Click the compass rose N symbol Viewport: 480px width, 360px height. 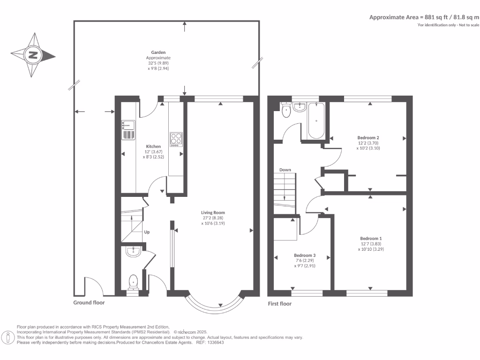click(x=33, y=55)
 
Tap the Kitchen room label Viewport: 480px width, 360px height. click(x=153, y=146)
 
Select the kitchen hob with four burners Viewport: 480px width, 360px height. click(x=176, y=140)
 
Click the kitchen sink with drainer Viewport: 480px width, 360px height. click(x=128, y=130)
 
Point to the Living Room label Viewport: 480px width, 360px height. click(x=213, y=212)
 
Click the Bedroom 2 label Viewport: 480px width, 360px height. click(x=368, y=138)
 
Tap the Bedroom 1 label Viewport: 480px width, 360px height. click(x=371, y=239)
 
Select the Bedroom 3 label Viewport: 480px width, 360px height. click(x=305, y=255)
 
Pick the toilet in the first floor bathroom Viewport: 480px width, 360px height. click(x=286, y=110)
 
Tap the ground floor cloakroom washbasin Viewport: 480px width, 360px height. click(x=133, y=252)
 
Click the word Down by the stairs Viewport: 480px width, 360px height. click(x=285, y=170)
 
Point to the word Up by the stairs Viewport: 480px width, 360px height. click(x=147, y=232)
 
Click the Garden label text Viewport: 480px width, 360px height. click(x=158, y=52)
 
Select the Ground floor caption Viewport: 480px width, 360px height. click(x=89, y=302)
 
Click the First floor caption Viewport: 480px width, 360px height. click(x=280, y=304)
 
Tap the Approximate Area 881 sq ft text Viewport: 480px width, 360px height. click(x=424, y=17)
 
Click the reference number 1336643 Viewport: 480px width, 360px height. click(x=215, y=343)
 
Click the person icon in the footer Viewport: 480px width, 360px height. click(x=8, y=337)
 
